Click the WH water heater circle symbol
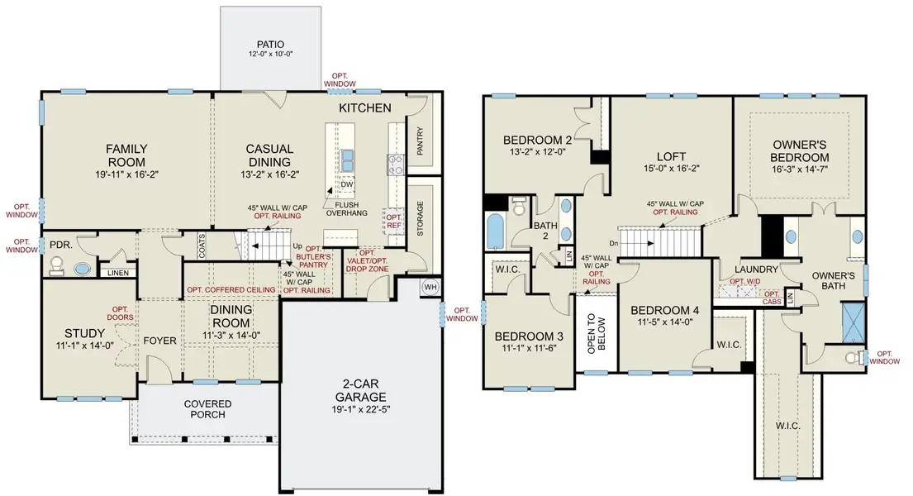[x=430, y=287]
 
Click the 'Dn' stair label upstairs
[x=613, y=243]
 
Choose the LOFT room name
[x=672, y=155]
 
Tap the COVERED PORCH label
[x=207, y=409]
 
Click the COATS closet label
[x=202, y=245]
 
